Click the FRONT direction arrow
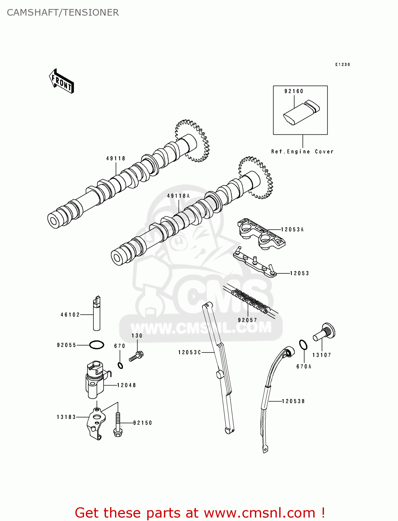pos(62,82)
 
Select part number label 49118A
pos(178,196)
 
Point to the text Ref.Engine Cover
pos(302,152)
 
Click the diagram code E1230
pos(342,65)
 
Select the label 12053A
pos(292,230)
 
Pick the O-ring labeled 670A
pos(303,345)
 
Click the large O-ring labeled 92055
pos(97,345)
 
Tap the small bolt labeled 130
pos(136,356)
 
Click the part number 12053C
pos(190,353)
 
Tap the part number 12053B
pos(293,402)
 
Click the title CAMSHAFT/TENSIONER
pos(63,13)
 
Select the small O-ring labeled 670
pos(120,365)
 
